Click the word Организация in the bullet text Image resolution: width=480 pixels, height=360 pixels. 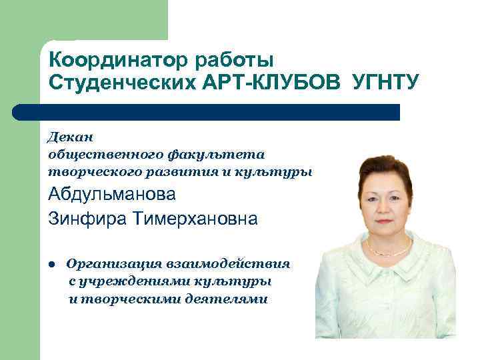tap(113, 263)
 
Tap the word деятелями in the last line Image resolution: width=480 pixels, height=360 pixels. tap(229, 299)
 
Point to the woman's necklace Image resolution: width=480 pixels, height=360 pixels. tap(390, 253)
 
